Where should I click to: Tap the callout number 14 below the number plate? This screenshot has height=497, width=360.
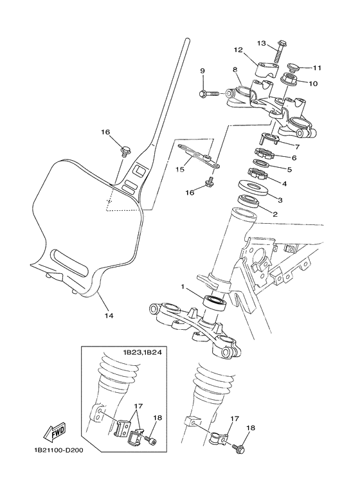click(108, 316)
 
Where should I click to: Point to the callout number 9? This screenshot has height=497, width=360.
click(202, 71)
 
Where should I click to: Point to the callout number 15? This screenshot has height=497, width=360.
click(179, 169)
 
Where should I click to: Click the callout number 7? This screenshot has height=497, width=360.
click(298, 146)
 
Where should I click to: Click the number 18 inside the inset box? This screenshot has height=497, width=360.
click(157, 418)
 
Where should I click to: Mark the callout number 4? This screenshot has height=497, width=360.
click(285, 183)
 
